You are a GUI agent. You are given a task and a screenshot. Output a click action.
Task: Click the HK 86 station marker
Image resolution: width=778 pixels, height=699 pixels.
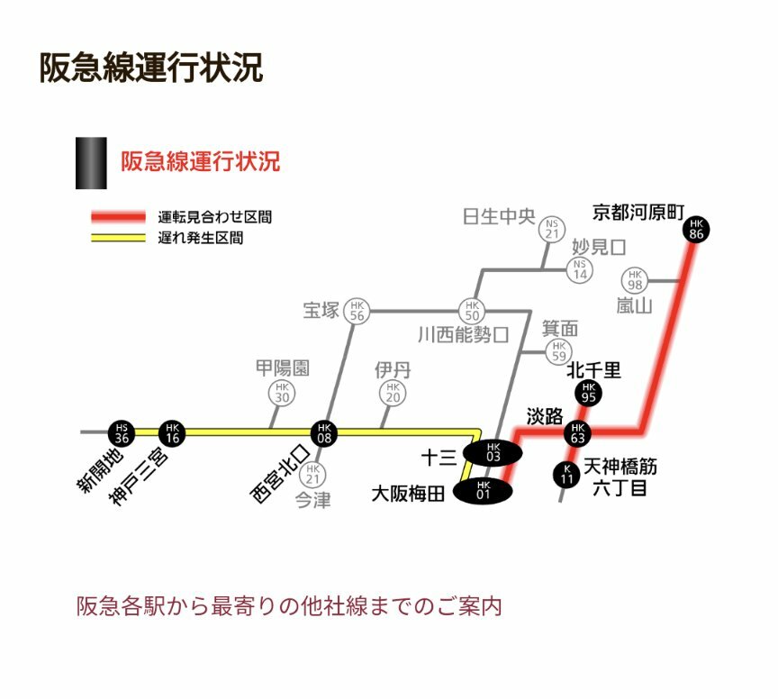click(x=695, y=229)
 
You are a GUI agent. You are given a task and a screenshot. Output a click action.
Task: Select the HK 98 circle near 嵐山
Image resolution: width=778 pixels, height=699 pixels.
click(x=636, y=279)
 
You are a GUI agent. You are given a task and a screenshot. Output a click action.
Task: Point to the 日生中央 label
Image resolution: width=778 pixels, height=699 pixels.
click(x=499, y=218)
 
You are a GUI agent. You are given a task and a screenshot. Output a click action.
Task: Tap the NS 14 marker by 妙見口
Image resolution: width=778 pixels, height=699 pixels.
click(x=580, y=268)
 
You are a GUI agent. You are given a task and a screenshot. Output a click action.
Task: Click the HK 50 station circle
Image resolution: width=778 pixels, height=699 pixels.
click(x=471, y=311)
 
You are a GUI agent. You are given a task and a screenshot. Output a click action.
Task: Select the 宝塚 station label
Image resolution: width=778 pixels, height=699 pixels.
click(x=321, y=311)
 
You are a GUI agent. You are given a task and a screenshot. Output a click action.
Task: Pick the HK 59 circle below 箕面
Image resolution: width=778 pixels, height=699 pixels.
click(x=559, y=351)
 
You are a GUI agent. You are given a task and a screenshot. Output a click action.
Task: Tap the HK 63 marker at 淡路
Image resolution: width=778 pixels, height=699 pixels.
click(x=578, y=432)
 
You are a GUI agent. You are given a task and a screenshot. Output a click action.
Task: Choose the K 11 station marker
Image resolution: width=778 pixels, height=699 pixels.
click(x=566, y=474)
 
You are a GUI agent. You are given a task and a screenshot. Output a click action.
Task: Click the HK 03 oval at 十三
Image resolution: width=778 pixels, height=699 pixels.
click(x=493, y=452)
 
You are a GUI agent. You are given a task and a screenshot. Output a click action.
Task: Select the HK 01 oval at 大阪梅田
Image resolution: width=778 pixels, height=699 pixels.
click(x=483, y=491)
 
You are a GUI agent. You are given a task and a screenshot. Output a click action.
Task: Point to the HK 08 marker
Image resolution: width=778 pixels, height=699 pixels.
click(x=324, y=432)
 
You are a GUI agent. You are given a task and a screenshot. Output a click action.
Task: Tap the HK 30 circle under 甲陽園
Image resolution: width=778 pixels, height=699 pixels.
click(x=282, y=393)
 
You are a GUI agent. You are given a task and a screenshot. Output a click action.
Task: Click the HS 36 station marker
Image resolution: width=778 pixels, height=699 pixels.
click(x=122, y=432)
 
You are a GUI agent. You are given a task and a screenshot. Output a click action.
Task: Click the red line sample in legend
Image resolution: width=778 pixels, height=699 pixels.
click(x=117, y=217)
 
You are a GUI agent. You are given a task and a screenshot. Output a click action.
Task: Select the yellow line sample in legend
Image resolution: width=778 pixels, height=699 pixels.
click(x=117, y=239)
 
